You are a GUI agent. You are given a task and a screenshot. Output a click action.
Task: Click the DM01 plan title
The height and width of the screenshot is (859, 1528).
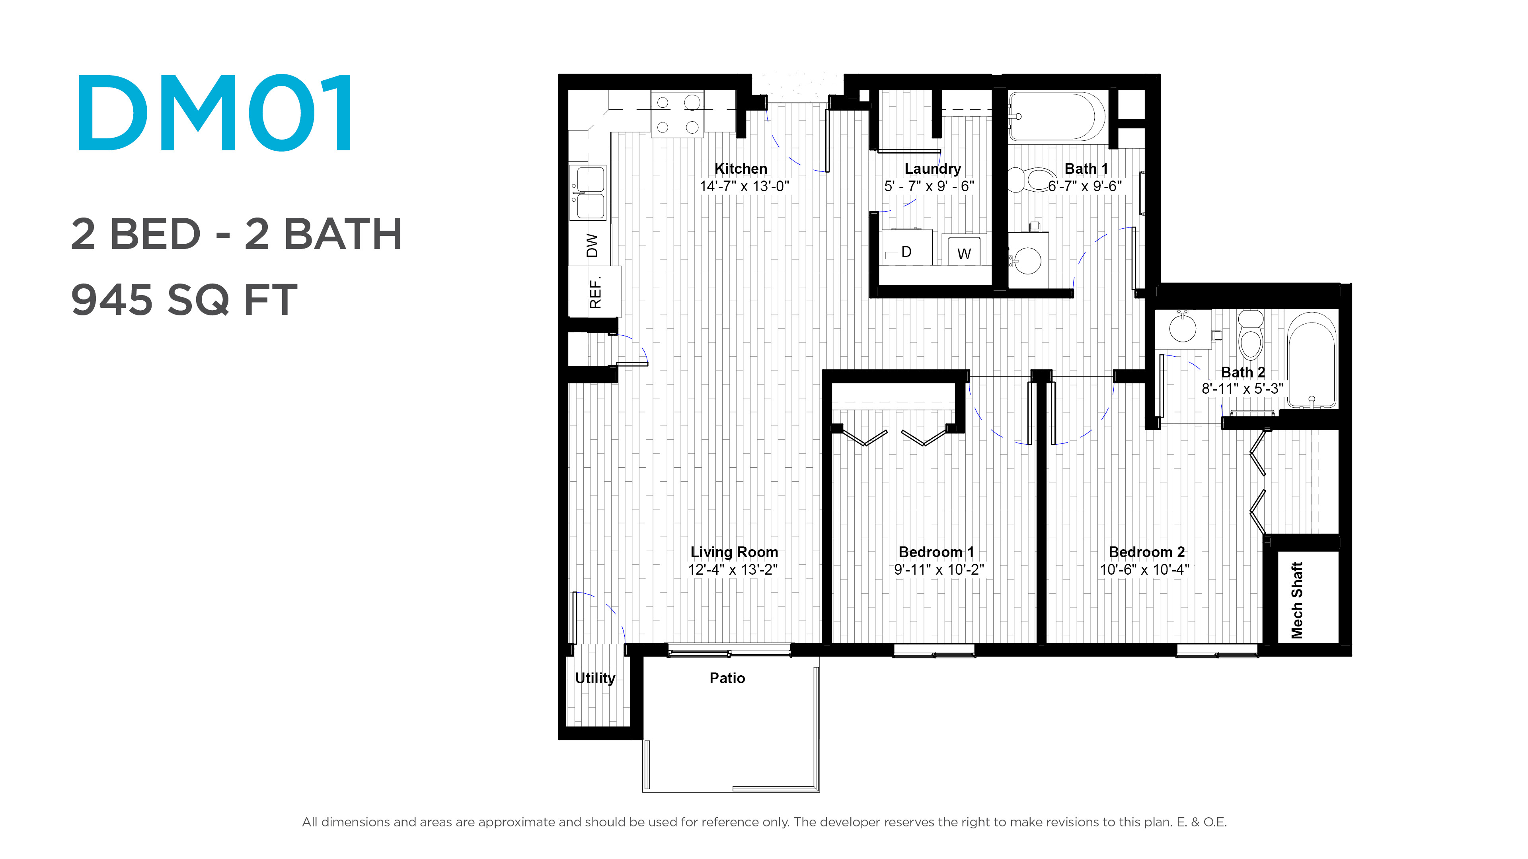tap(215, 113)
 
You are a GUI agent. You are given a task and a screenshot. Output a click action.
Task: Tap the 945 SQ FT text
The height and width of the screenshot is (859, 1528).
tap(184, 300)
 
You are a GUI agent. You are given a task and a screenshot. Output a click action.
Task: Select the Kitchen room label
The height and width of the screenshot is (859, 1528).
tap(741, 169)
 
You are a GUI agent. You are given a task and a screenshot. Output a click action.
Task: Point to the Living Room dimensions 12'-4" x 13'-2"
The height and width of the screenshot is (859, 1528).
tap(733, 570)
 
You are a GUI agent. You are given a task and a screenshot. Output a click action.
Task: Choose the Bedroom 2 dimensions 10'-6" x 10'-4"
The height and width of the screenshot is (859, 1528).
tap(1145, 570)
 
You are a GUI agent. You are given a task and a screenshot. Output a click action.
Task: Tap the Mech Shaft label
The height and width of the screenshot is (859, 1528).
tap(1297, 601)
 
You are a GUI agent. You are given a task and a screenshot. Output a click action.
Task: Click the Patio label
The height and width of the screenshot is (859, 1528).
tap(727, 678)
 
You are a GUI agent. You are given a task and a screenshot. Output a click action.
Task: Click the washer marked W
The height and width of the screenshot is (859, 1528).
tap(964, 250)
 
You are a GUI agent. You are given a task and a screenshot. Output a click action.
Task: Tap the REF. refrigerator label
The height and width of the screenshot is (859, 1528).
tap(596, 292)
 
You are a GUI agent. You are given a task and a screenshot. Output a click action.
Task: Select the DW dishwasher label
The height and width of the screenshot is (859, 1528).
tap(592, 245)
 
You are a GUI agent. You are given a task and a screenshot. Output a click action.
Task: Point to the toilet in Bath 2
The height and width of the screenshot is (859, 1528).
tap(1251, 335)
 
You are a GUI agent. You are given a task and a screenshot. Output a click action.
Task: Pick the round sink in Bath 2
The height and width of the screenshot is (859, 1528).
tap(1183, 328)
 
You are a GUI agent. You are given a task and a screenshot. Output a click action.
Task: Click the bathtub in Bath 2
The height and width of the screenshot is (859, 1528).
tap(1312, 360)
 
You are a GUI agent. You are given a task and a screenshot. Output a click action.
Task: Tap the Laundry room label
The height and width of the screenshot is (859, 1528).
tap(932, 169)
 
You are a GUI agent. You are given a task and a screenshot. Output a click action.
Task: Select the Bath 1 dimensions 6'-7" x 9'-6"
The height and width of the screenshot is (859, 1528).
tap(1085, 186)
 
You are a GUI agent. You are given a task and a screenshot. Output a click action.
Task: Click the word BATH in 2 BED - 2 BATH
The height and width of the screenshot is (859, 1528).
tap(343, 234)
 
